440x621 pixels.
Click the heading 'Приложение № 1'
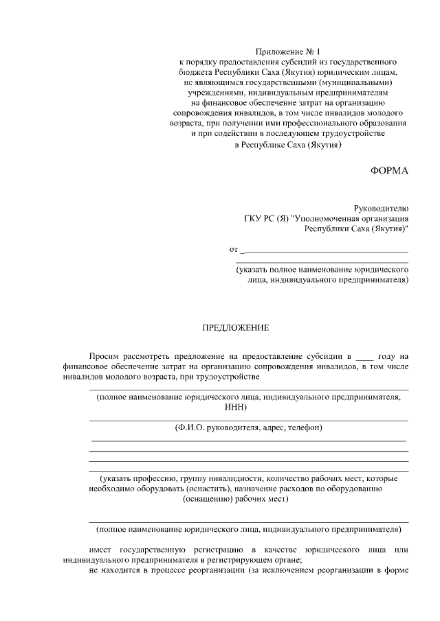pyautogui.click(x=288, y=51)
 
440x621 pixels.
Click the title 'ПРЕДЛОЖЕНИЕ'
pyautogui.click(x=234, y=328)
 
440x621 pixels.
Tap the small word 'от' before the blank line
pyautogui.click(x=233, y=248)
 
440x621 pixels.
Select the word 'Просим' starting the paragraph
pyautogui.click(x=104, y=355)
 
